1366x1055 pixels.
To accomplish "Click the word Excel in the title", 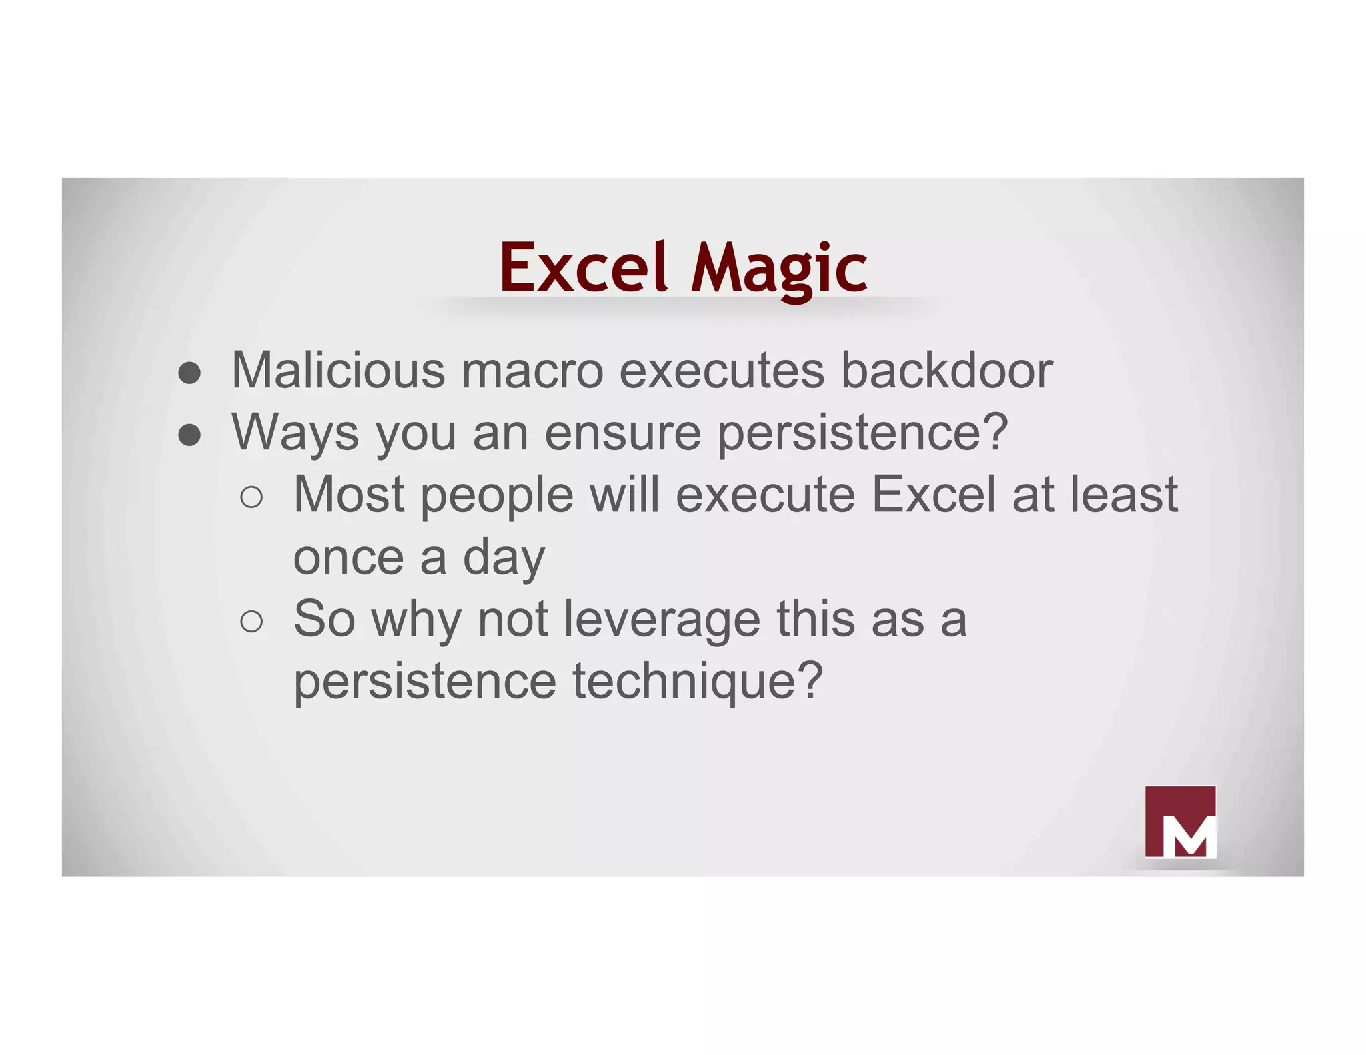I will click(583, 267).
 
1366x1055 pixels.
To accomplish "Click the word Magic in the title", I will click(778, 267).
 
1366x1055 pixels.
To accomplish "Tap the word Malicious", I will click(338, 370).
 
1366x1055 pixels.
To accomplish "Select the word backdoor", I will click(946, 370).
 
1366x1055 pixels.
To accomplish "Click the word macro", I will click(532, 371).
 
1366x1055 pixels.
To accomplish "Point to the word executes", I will click(722, 371).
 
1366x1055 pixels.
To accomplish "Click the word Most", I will click(349, 495).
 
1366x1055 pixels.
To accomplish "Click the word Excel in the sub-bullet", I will click(934, 495).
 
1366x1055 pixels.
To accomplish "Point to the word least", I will click(1124, 495).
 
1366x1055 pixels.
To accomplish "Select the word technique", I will click(698, 682).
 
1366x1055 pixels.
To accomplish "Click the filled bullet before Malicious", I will click(189, 373).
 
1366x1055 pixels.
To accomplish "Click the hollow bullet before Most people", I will click(251, 497).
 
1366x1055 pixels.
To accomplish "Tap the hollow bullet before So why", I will click(251, 622).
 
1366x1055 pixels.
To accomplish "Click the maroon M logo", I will click(1179, 822).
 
